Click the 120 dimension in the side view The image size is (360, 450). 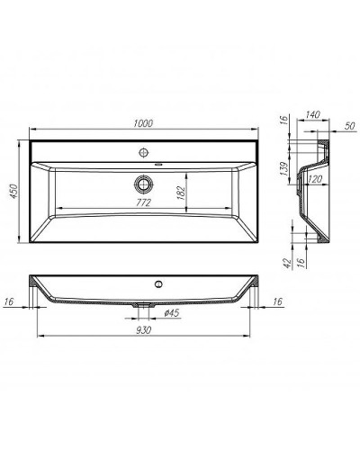(x=315, y=180)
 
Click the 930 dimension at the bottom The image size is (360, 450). (x=141, y=331)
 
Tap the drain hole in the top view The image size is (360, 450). (x=142, y=184)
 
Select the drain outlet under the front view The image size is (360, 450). (x=142, y=306)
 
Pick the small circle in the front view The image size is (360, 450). (x=159, y=285)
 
